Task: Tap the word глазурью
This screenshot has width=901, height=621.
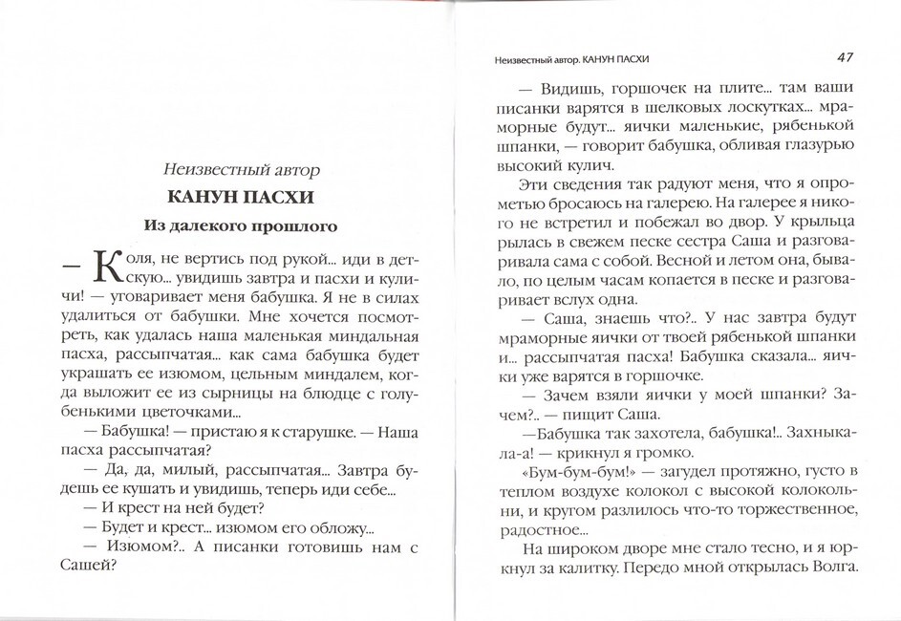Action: pyautogui.click(x=818, y=140)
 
